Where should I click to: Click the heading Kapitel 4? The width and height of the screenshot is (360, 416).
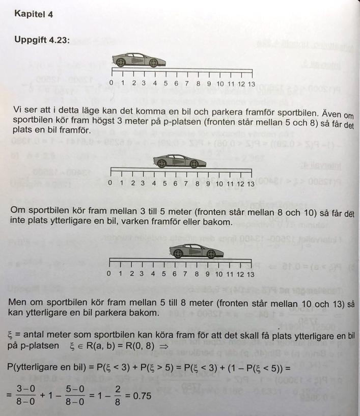pyautogui.click(x=34, y=14)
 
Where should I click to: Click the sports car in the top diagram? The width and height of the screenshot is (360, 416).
pyautogui.click(x=135, y=59)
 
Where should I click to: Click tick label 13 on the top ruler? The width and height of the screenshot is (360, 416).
pyautogui.click(x=252, y=84)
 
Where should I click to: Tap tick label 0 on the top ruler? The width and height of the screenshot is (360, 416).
pyautogui.click(x=112, y=84)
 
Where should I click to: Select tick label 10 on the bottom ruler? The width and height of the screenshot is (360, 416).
pyautogui.click(x=218, y=274)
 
